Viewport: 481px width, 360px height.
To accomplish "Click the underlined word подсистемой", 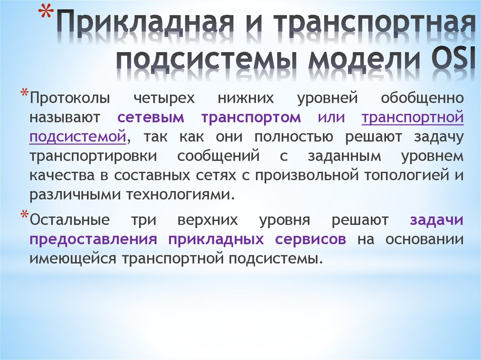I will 78,137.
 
